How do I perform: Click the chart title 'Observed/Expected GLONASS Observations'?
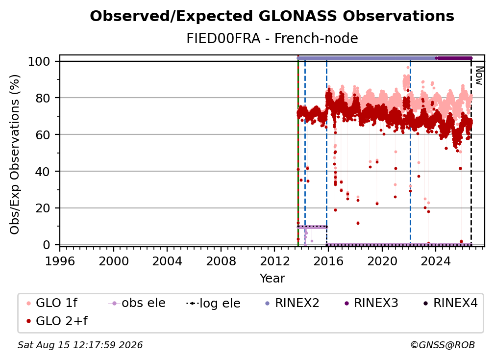pyautogui.click(x=272, y=16)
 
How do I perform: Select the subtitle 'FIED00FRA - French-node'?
pyautogui.click(x=272, y=38)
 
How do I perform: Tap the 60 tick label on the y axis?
pyautogui.click(x=43, y=135)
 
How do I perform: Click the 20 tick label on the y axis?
pyautogui.click(x=43, y=208)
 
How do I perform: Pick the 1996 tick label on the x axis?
pyautogui.click(x=60, y=261)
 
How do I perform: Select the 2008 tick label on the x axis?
pyautogui.click(x=221, y=261)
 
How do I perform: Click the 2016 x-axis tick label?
pyautogui.click(x=328, y=261)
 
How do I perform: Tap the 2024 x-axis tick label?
pyautogui.click(x=436, y=261)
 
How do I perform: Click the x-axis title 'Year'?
pyautogui.click(x=272, y=279)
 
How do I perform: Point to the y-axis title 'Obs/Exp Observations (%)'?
pyautogui.click(x=15, y=154)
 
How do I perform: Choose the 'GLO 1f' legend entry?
pyautogui.click(x=52, y=303)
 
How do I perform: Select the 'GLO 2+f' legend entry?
pyautogui.click(x=57, y=321)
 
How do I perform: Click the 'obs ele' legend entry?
pyautogui.click(x=137, y=303)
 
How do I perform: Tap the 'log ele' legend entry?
pyautogui.click(x=213, y=303)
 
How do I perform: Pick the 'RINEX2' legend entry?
pyautogui.click(x=292, y=303)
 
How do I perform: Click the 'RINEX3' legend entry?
pyautogui.click(x=371, y=303)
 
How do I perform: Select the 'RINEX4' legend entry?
pyautogui.click(x=450, y=303)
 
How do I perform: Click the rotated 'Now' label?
pyautogui.click(x=479, y=76)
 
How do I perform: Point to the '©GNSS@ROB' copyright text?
pyautogui.click(x=443, y=345)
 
